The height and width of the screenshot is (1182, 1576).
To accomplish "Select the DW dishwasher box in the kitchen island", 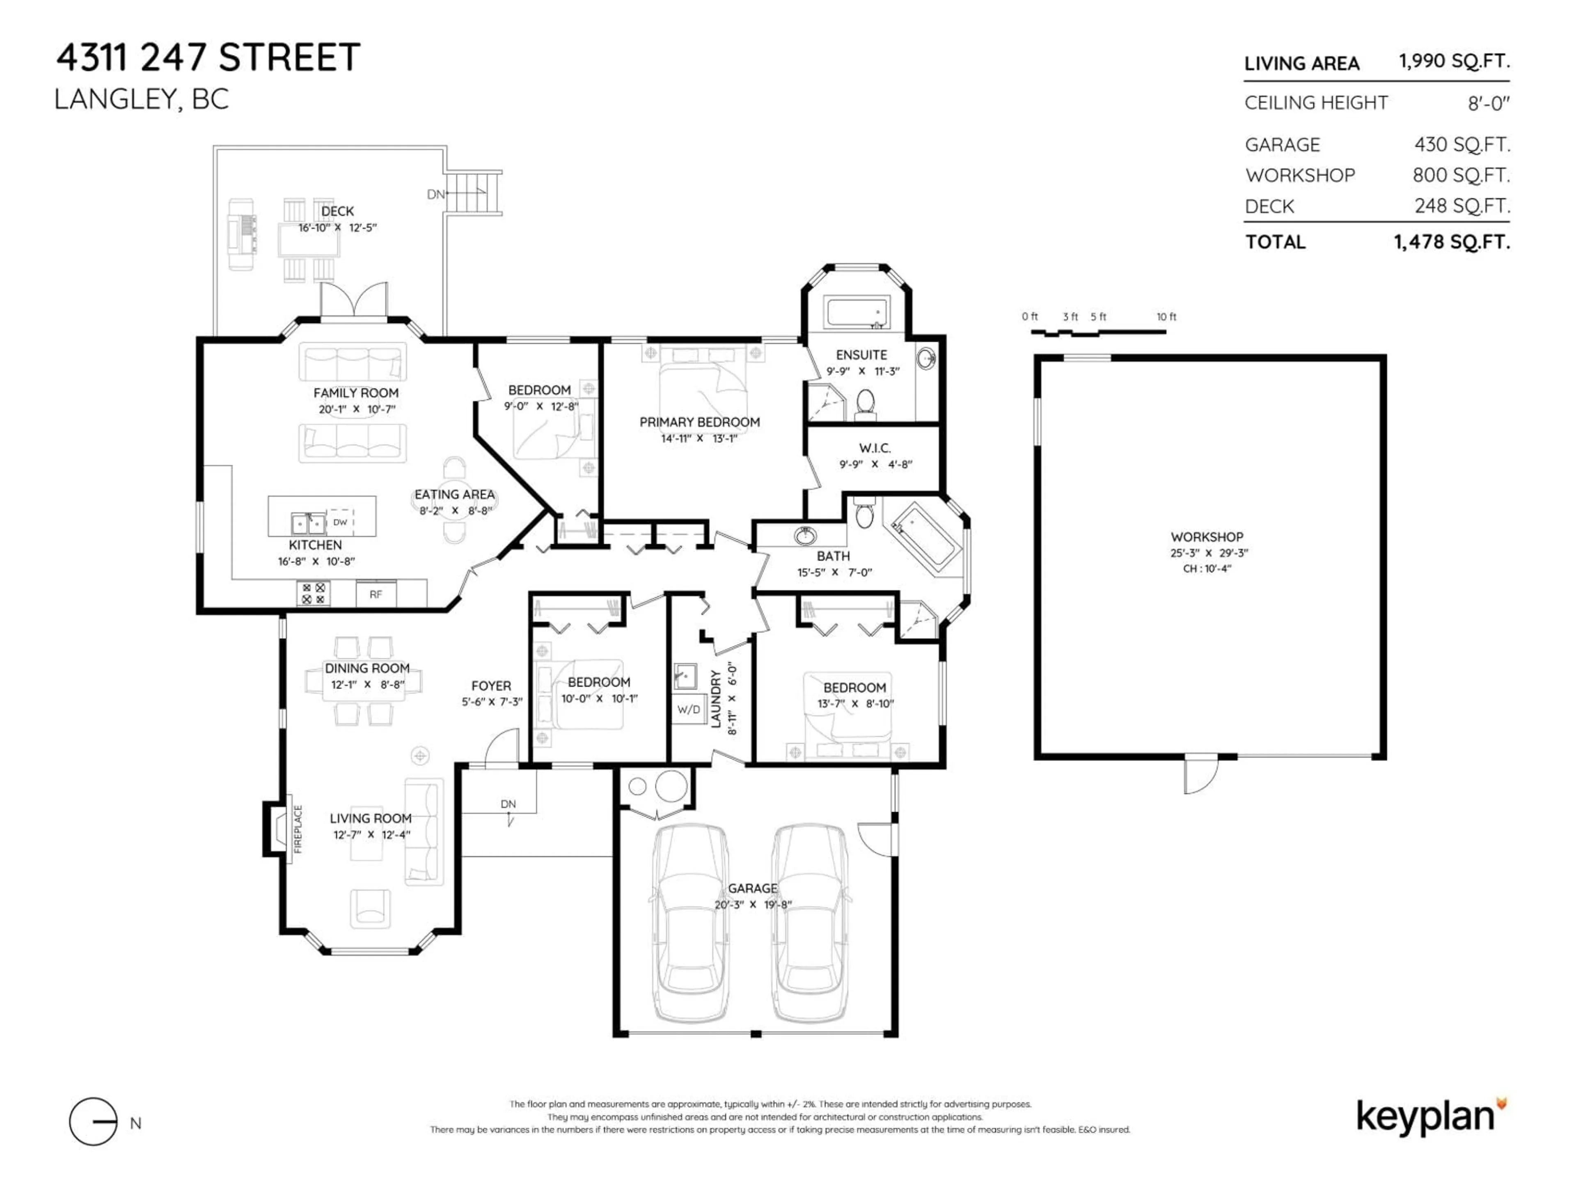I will click(x=340, y=522).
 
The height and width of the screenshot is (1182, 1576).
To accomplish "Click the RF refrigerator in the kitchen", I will click(x=376, y=594).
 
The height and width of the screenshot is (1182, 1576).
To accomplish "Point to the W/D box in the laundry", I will click(x=688, y=710).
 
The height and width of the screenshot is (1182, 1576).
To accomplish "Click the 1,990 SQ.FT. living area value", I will click(x=1453, y=61).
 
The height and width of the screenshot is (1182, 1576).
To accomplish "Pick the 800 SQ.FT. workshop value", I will click(x=1461, y=175).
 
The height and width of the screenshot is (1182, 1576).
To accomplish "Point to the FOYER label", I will click(x=491, y=685).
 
